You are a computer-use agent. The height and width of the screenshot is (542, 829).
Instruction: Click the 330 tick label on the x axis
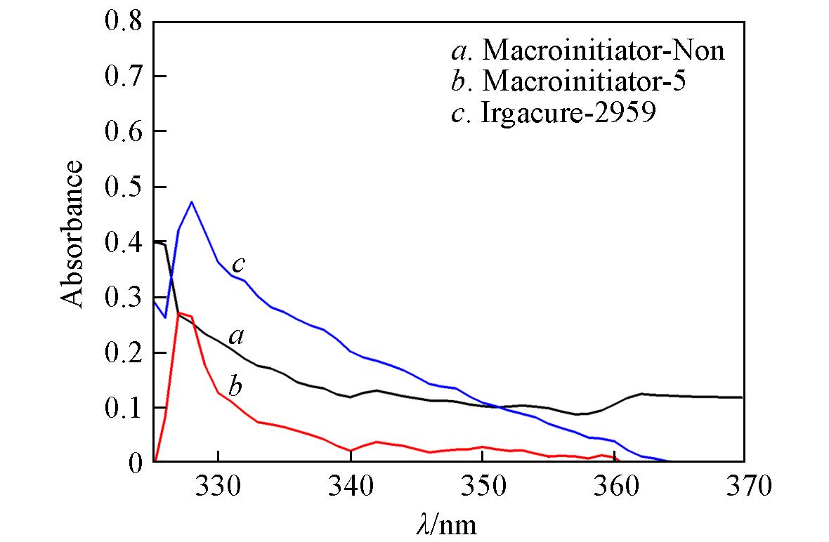tap(218, 485)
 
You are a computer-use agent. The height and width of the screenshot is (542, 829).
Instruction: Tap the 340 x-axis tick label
tap(350, 485)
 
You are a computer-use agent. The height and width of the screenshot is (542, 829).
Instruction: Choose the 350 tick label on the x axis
tap(482, 485)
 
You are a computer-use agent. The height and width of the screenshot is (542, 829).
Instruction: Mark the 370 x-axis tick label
tap(743, 485)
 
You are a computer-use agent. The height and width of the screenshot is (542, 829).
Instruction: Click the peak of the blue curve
tap(191, 201)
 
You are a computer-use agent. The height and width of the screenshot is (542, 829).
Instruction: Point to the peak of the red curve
tap(179, 312)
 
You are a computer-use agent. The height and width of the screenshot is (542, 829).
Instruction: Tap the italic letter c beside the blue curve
tap(239, 265)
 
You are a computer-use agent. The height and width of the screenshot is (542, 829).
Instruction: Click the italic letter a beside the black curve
tap(237, 338)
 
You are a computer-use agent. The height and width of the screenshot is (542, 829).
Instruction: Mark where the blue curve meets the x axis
tap(670, 461)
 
